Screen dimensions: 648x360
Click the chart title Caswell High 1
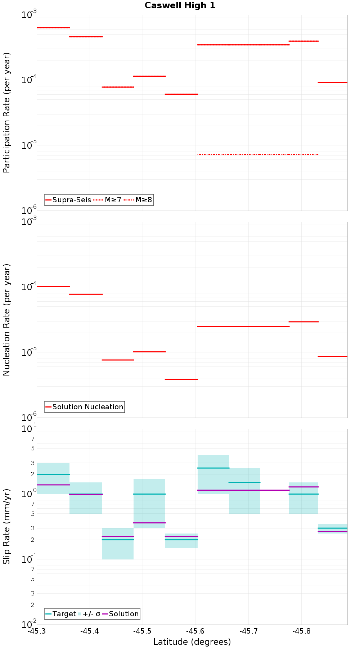pos(180,5)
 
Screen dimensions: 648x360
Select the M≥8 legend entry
pos(139,200)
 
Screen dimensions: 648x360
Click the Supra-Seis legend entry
pos(68,200)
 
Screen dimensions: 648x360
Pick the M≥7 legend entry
pos(108,200)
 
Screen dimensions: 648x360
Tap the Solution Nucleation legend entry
pos(85,407)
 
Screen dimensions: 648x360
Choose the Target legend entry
pos(61,614)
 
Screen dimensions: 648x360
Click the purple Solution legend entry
pos(120,614)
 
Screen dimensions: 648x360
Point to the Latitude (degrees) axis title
pos(192,642)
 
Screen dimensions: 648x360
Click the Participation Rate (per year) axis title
pos(6,113)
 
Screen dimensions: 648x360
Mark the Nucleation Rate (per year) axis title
pos(6,320)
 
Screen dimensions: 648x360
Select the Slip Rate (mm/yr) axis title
pos(6,526)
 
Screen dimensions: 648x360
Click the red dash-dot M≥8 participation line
pos(258,154)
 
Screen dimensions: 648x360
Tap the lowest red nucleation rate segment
pos(181,379)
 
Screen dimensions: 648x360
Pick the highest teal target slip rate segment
pos(213,468)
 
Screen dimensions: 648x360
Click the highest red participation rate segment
pos(53,27)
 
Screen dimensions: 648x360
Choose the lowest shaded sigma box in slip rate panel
pos(118,544)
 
